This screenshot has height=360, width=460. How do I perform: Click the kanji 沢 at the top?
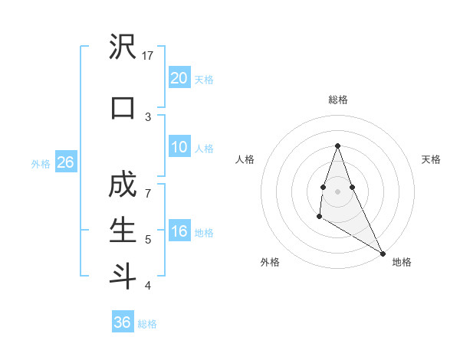click(x=123, y=48)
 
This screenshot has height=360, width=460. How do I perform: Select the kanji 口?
click(x=123, y=108)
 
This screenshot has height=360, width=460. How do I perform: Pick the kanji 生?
click(x=123, y=229)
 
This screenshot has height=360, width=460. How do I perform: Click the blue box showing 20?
click(x=179, y=77)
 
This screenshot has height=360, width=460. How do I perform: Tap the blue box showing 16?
click(x=179, y=231)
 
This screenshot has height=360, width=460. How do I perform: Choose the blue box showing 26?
click(x=65, y=162)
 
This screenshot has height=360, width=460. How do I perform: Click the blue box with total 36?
click(x=123, y=322)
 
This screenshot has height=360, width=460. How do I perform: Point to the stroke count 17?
click(x=149, y=55)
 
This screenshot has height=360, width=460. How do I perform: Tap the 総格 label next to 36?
click(x=147, y=324)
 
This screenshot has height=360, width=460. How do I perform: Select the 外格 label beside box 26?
click(x=40, y=163)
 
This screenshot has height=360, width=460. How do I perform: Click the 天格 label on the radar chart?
click(x=432, y=159)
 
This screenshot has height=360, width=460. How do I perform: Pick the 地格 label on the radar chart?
click(x=402, y=262)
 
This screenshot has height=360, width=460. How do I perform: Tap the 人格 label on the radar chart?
click(x=245, y=159)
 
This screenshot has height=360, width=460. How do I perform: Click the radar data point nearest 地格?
click(x=383, y=252)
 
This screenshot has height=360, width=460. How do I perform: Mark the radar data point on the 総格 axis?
click(x=337, y=146)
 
